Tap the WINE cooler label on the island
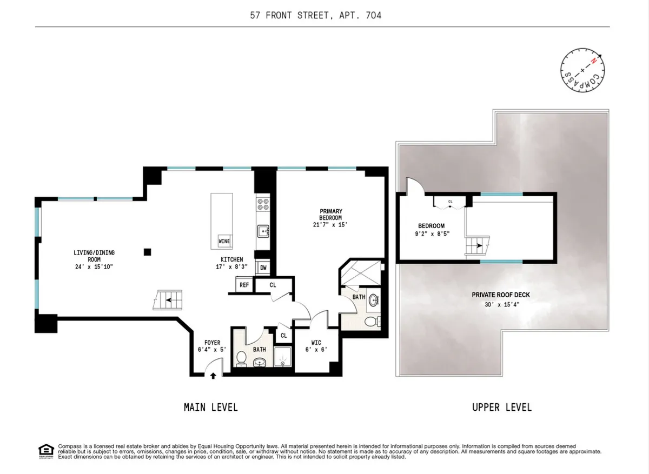coord(224,241)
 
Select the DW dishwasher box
coord(263,268)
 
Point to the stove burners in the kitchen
coord(263,204)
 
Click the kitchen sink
coord(263,231)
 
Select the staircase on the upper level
coord(476,247)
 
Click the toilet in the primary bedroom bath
coord(372,323)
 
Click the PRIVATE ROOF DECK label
coord(500,295)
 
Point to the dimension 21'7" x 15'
coord(330,225)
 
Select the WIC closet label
coord(315,343)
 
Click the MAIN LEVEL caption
coord(210,407)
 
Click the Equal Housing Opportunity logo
coord(46,450)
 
